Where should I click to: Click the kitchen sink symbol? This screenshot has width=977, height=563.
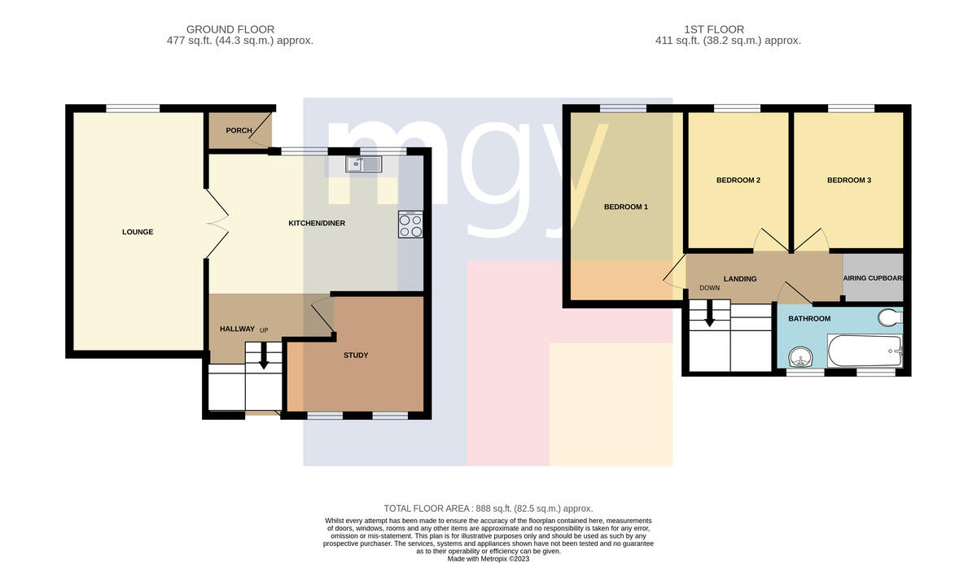point(364,164)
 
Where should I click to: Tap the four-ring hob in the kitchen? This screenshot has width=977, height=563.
point(410,225)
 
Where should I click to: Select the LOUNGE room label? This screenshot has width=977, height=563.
point(138,232)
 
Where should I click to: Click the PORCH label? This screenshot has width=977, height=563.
point(239,130)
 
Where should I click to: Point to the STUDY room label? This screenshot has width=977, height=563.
point(356,356)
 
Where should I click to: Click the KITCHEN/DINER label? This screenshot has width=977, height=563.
point(317,223)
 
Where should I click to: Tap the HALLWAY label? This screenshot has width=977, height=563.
point(237,329)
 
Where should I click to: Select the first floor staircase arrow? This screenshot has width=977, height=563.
point(710,313)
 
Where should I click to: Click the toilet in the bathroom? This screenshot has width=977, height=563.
point(890,317)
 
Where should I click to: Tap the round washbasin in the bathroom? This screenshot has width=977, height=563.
point(801,357)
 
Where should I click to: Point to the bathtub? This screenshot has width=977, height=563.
point(865,351)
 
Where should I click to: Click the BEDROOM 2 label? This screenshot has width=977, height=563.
point(738,180)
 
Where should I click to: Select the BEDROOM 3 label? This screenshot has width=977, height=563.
point(849,180)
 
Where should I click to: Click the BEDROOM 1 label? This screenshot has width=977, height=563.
point(626,207)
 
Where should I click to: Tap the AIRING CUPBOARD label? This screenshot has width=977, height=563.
point(873,278)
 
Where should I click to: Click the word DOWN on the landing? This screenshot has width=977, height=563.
point(710,288)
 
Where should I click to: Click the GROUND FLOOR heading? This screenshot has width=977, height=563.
point(230,29)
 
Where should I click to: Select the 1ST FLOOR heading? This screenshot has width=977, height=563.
point(714,29)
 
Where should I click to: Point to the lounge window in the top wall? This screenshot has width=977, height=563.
point(133,108)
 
